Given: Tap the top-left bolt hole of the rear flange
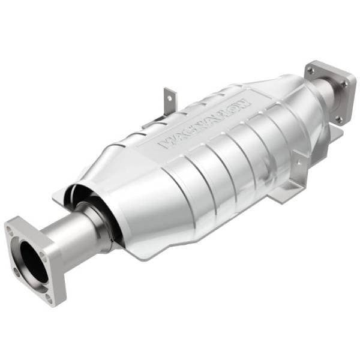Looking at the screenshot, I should [x=310, y=71].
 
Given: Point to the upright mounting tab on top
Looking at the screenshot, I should [x=170, y=98].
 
